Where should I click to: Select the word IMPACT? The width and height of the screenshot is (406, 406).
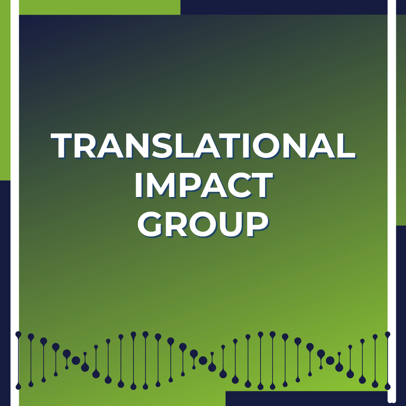(x=204, y=185)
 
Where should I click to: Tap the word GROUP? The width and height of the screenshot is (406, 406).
(x=203, y=224)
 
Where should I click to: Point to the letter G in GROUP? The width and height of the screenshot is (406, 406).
(x=150, y=224)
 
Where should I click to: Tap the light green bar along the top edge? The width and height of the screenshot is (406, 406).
(x=100, y=7)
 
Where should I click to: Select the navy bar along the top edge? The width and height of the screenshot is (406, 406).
(x=284, y=7)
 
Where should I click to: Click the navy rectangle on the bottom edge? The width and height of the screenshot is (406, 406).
(x=307, y=398)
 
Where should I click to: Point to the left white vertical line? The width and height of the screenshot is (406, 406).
(x=15, y=203)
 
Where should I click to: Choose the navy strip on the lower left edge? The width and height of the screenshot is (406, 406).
(x=5, y=293)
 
